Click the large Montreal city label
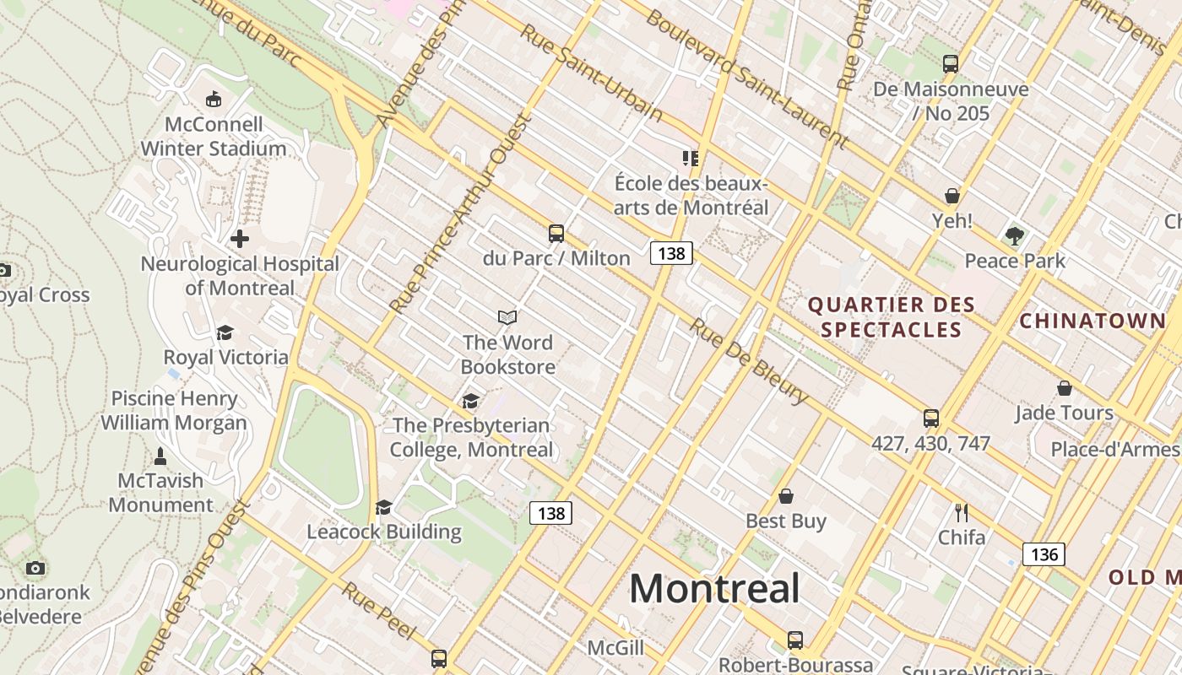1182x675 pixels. click(x=714, y=587)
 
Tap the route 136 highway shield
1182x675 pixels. click(x=1044, y=554)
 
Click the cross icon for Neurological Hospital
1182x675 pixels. click(x=240, y=239)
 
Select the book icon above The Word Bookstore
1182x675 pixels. click(x=507, y=317)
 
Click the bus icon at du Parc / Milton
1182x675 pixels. click(x=556, y=234)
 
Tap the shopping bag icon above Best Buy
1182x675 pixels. click(x=786, y=496)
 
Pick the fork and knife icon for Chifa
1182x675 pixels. click(x=961, y=512)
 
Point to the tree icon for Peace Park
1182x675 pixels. click(x=1015, y=236)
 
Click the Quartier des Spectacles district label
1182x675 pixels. click(x=892, y=317)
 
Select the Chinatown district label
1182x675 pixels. click(x=1093, y=321)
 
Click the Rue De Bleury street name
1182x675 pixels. click(x=749, y=360)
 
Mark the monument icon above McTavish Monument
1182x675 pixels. click(x=160, y=456)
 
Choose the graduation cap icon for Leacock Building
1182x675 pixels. click(x=383, y=507)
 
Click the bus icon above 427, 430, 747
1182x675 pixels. click(x=930, y=418)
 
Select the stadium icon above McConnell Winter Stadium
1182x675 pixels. click(x=214, y=100)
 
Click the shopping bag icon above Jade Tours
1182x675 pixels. click(x=1064, y=388)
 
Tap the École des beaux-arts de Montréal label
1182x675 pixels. click(x=691, y=195)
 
